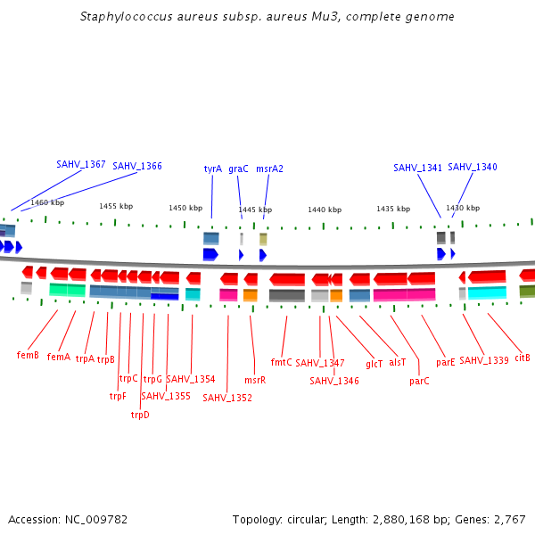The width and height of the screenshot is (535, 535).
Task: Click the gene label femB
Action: point(28,355)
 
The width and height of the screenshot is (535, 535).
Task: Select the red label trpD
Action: point(140,415)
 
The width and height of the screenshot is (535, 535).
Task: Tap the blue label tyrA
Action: point(213,169)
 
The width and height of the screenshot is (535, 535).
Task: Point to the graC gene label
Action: point(238,169)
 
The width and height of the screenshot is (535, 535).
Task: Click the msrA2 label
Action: point(269,169)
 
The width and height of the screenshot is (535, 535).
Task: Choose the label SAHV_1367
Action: point(81,164)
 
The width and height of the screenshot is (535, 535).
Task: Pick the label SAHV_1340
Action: point(473,167)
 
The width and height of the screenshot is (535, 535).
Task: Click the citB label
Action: point(523,358)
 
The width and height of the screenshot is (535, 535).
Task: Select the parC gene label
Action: point(419,381)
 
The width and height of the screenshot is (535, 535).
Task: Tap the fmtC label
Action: point(282,362)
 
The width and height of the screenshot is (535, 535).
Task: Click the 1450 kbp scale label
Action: point(185,208)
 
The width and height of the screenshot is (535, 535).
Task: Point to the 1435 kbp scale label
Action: point(393,209)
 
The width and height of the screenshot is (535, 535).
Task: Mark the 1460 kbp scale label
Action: point(47,202)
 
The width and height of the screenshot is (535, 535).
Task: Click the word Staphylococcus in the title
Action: point(123,16)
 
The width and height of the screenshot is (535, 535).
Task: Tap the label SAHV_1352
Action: point(227,398)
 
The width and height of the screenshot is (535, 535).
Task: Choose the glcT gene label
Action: point(374,363)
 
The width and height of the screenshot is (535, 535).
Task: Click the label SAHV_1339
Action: point(484,360)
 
